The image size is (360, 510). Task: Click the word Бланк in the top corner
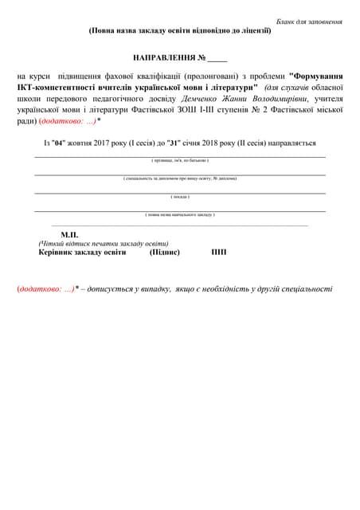point(286,21)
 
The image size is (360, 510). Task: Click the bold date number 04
point(57,143)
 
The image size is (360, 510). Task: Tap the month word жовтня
point(82,143)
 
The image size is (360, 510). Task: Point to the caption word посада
point(180,196)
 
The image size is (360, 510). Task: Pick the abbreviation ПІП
point(219,252)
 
